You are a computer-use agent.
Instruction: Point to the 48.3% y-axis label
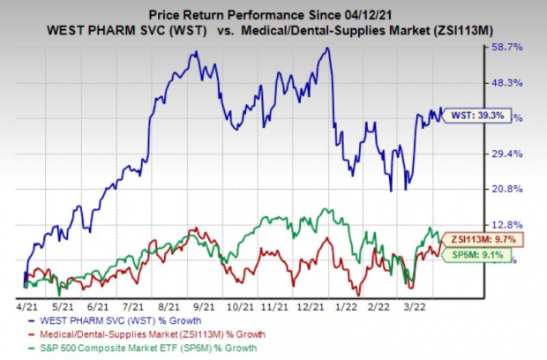pos(508,82)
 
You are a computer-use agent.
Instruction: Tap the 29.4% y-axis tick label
pos(508,154)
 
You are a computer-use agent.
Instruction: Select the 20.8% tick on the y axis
pos(508,189)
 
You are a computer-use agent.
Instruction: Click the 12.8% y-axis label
pos(508,225)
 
